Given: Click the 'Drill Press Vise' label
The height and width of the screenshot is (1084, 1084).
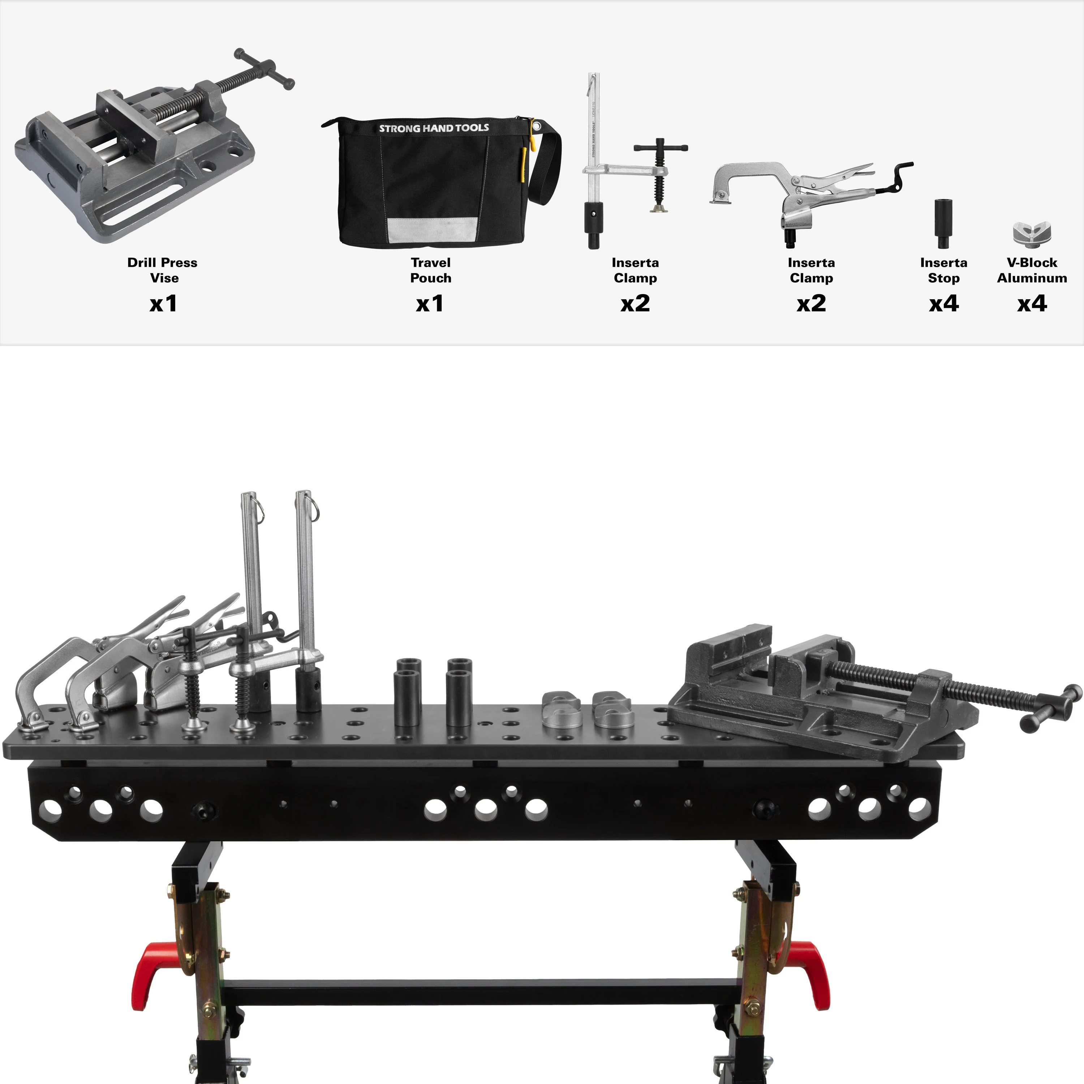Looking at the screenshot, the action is coord(163,270).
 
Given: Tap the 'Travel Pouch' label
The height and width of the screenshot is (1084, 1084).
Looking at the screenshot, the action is coord(430,270).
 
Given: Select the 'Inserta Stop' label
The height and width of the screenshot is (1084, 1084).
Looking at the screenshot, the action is coord(944,270).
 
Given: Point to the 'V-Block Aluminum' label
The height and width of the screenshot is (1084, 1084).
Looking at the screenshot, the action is coord(1032,270).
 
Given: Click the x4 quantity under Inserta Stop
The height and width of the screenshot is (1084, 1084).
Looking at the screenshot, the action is coord(944,304).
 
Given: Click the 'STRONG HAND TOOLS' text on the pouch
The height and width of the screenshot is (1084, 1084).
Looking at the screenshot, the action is coord(434,128).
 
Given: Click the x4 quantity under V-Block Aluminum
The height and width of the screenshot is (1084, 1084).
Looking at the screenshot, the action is coord(1032,304).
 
